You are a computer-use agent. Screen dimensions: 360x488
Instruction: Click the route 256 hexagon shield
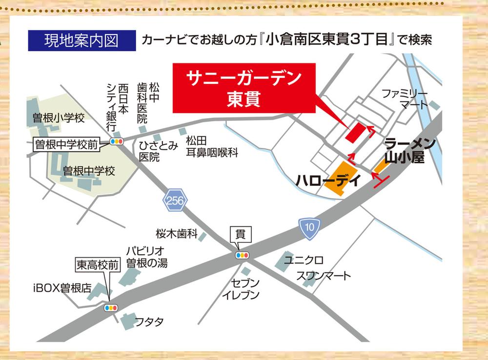(x=175, y=200)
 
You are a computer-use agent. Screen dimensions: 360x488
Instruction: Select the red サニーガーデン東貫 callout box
(x=244, y=88)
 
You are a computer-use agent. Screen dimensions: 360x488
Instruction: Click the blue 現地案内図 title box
(x=81, y=40)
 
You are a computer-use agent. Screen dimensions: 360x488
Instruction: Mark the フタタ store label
(x=149, y=322)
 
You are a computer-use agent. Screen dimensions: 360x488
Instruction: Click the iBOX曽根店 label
(x=62, y=288)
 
